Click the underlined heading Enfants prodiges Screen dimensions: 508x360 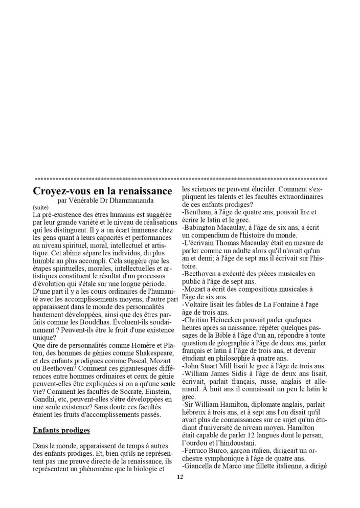click(61, 430)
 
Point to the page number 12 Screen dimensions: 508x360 click(179, 477)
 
